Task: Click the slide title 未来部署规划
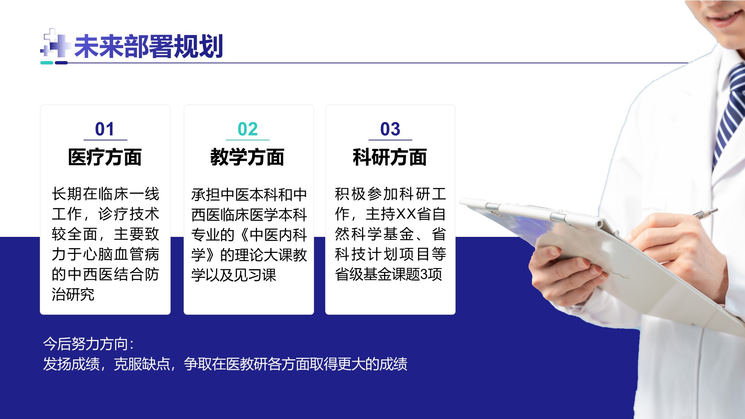(149, 46)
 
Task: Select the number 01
(105, 129)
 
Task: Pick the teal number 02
(248, 129)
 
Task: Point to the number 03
(390, 129)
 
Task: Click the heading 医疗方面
(105, 157)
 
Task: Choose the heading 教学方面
(247, 157)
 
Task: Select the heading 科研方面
(390, 157)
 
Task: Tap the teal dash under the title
(47, 63)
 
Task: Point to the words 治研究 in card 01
(73, 294)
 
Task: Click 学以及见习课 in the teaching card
(234, 275)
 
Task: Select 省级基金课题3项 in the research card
(388, 274)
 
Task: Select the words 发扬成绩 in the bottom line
(71, 364)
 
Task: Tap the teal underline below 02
(248, 140)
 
